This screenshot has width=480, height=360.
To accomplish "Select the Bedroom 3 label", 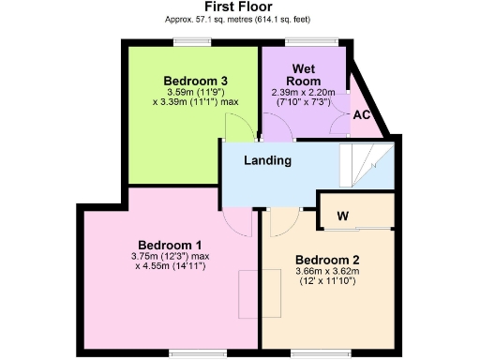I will pos(196,80).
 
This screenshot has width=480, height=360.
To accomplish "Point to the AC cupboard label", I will pos(361,114).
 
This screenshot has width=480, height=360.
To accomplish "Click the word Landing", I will pos(267,160).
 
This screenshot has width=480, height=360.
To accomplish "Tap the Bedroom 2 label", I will pos(326,260).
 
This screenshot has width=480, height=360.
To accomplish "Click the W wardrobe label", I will pos(343,217).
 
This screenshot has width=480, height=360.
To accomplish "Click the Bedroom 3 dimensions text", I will pos(196,97).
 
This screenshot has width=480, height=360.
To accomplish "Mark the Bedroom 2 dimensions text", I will pos(326,277).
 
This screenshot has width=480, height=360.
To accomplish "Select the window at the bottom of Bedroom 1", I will pos(184,352).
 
